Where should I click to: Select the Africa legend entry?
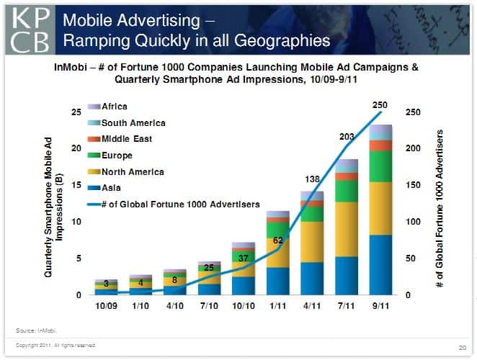coord(108,106)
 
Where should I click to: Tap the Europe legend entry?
coord(112,155)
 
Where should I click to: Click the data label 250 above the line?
coord(380,105)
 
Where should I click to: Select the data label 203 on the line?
coord(345,136)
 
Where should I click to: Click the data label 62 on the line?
coord(277,240)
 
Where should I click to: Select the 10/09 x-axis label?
coord(106,306)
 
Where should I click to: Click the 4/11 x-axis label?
coord(312,306)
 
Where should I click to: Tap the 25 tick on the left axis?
coord(76,113)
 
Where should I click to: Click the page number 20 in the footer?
coord(462,348)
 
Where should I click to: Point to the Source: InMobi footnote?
coord(35,330)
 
